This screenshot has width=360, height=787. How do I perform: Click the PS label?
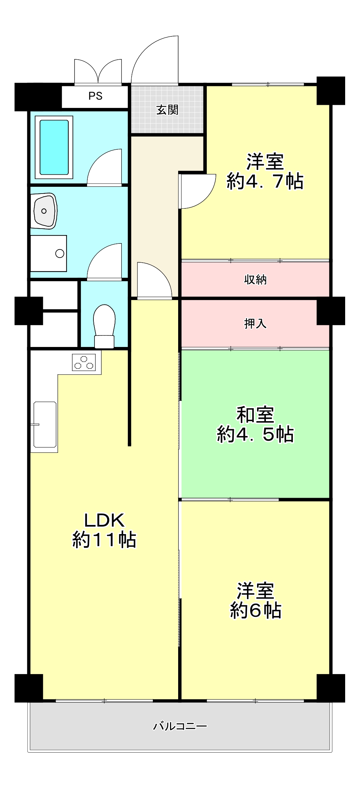click(x=95, y=96)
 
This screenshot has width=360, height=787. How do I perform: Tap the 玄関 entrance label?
click(x=167, y=110)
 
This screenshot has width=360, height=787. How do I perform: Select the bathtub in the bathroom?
click(x=54, y=147)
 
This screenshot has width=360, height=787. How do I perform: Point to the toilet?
click(x=105, y=326)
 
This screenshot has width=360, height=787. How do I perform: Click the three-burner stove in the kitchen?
click(x=84, y=362)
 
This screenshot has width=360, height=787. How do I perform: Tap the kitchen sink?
click(x=45, y=425)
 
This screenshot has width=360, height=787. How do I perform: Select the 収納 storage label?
click(x=255, y=280)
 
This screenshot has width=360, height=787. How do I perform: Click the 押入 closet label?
click(x=255, y=324)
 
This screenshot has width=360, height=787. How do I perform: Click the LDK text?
click(x=104, y=520)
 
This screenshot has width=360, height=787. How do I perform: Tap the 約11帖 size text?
click(x=104, y=540)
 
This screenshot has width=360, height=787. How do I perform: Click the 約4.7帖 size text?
click(x=265, y=181)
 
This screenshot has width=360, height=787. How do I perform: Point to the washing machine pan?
click(x=49, y=253)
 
